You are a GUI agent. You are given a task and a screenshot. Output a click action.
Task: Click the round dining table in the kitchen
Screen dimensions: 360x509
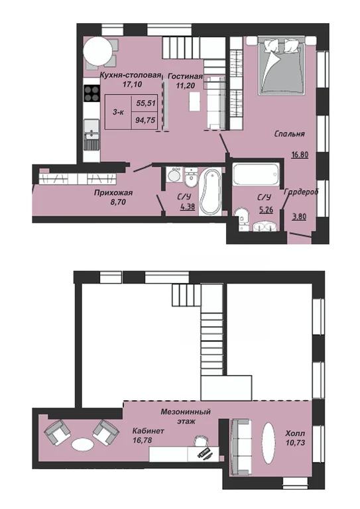point(97,51)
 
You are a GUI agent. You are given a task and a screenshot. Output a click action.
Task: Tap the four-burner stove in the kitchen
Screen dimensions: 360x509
point(91,93)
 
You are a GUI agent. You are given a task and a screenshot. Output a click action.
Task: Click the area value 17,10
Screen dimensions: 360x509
point(131,84)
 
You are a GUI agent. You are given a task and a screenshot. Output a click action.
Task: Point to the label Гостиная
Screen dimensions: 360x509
point(186,76)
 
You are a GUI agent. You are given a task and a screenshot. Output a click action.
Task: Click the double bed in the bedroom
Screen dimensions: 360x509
point(282,66)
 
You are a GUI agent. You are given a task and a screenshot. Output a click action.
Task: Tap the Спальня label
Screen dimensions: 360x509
point(289,134)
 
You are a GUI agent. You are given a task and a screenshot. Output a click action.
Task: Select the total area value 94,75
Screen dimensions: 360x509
point(146,121)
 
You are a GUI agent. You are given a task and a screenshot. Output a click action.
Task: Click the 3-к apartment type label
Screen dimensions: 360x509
point(118,112)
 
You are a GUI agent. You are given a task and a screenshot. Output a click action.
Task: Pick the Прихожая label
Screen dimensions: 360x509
point(113,193)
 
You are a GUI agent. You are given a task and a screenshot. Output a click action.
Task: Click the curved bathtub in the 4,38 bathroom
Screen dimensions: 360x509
point(210,191)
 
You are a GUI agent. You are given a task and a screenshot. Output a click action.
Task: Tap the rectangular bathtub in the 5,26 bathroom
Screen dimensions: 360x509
point(256,174)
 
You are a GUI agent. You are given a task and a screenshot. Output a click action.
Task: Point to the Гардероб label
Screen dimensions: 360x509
point(301,192)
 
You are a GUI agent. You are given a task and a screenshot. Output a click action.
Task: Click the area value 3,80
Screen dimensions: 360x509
point(299,216)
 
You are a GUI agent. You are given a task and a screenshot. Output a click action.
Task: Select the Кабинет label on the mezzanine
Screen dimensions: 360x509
point(149,431)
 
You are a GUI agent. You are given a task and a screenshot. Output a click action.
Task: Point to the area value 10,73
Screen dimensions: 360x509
point(296,443)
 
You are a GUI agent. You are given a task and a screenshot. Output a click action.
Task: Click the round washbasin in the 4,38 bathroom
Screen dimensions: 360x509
point(174,176)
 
